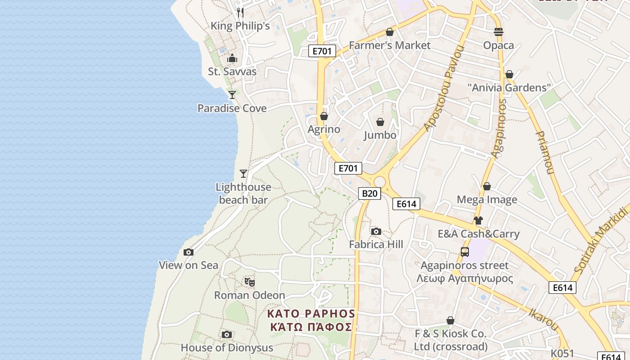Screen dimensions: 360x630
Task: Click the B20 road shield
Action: point(369,193)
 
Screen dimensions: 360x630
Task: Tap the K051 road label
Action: point(562,353)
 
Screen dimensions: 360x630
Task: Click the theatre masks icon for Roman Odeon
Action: point(250,282)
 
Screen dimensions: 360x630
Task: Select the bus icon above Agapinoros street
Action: point(465,252)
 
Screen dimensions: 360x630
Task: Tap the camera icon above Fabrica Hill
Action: point(376,231)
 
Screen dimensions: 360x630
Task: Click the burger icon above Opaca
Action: point(499,32)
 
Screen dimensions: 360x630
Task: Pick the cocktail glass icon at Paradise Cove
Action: point(232,95)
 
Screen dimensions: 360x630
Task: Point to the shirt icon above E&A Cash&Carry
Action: point(478,220)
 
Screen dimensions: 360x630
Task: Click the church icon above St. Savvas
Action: point(232,58)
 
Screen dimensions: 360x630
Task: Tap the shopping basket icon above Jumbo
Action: point(380,122)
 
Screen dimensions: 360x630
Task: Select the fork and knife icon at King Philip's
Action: point(240,12)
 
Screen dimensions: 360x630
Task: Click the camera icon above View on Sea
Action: point(189,252)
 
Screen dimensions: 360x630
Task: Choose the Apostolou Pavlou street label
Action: point(443,88)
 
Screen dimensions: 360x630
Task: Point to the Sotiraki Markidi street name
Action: point(601,241)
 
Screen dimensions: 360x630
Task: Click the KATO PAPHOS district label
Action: point(311,314)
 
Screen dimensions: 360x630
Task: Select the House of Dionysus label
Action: point(227,348)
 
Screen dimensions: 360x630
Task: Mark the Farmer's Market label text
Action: point(390,45)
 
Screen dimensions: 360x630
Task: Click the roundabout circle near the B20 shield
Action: point(380,182)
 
